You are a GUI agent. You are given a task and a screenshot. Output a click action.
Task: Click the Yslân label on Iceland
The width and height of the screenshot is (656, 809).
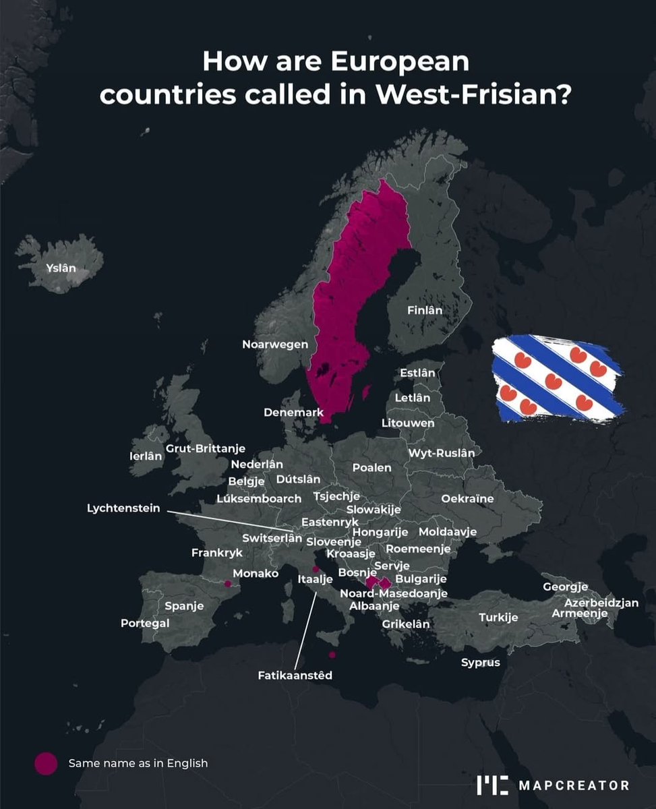pos(61,268)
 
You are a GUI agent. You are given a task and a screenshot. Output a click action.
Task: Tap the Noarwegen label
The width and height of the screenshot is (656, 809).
pos(275,344)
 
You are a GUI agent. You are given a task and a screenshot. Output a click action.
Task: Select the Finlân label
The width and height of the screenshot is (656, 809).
pos(425,311)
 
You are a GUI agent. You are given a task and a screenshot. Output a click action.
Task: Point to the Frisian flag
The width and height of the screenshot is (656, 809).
pos(557,380)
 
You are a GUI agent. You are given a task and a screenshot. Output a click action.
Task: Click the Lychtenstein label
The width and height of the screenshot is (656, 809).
pos(123,508)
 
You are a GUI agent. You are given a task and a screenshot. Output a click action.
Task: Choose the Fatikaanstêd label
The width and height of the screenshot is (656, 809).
pos(295,675)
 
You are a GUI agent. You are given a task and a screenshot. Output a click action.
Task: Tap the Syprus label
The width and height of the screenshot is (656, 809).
pos(481,662)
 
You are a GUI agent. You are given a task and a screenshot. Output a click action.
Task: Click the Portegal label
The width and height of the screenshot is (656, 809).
pos(145,623)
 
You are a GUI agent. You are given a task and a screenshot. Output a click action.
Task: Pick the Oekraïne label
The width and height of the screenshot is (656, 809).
pos(467,499)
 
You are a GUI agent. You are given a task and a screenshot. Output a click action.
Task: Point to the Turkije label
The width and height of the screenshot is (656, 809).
pos(498,618)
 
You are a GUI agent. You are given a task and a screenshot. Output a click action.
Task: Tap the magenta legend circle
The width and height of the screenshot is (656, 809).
pos(46,764)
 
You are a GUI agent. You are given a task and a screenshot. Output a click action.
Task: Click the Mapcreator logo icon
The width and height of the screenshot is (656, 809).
pos(492,785)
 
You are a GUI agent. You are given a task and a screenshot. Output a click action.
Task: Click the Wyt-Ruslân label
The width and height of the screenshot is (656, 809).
pos(441,453)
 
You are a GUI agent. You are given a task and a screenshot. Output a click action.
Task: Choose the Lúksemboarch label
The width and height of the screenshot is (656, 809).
pos(259,499)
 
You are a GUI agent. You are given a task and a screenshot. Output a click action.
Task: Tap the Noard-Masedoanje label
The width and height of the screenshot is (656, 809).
pos(393,594)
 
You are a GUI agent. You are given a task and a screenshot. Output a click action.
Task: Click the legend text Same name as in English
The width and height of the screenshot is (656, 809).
pos(138,764)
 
